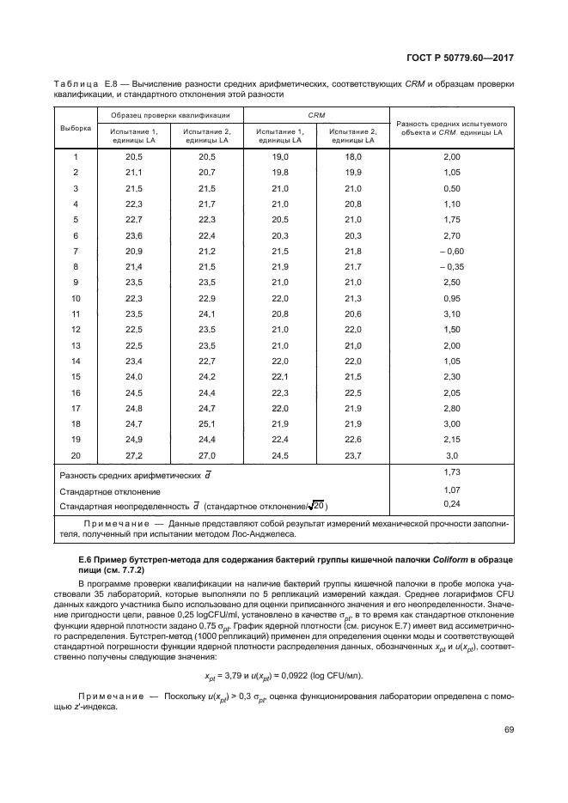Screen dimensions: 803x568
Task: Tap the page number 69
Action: (x=509, y=730)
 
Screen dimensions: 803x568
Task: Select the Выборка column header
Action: (x=76, y=128)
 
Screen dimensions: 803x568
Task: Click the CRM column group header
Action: (x=317, y=114)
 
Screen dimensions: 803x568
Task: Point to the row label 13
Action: (x=76, y=344)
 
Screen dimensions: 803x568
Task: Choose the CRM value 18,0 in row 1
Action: (x=353, y=156)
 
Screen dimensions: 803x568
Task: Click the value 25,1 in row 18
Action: (x=207, y=423)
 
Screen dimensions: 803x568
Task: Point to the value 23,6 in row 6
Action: (x=135, y=235)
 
